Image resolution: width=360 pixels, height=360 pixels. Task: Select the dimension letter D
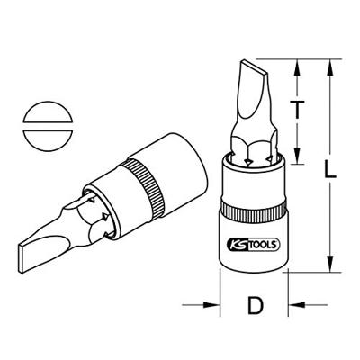coord(254,307)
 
